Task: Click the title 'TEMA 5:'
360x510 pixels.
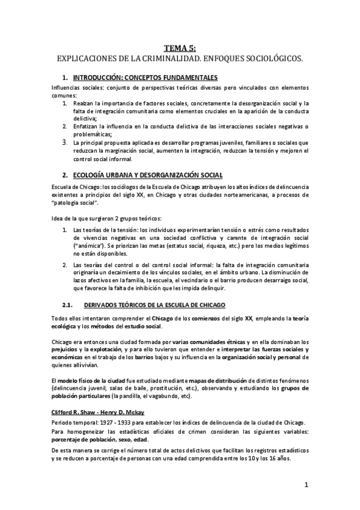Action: pos(180,50)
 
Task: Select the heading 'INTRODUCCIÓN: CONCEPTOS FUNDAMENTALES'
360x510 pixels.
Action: pos(145,78)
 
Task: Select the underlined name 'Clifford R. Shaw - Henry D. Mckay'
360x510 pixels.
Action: pos(95,413)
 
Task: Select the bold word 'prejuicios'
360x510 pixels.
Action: pos(67,349)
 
